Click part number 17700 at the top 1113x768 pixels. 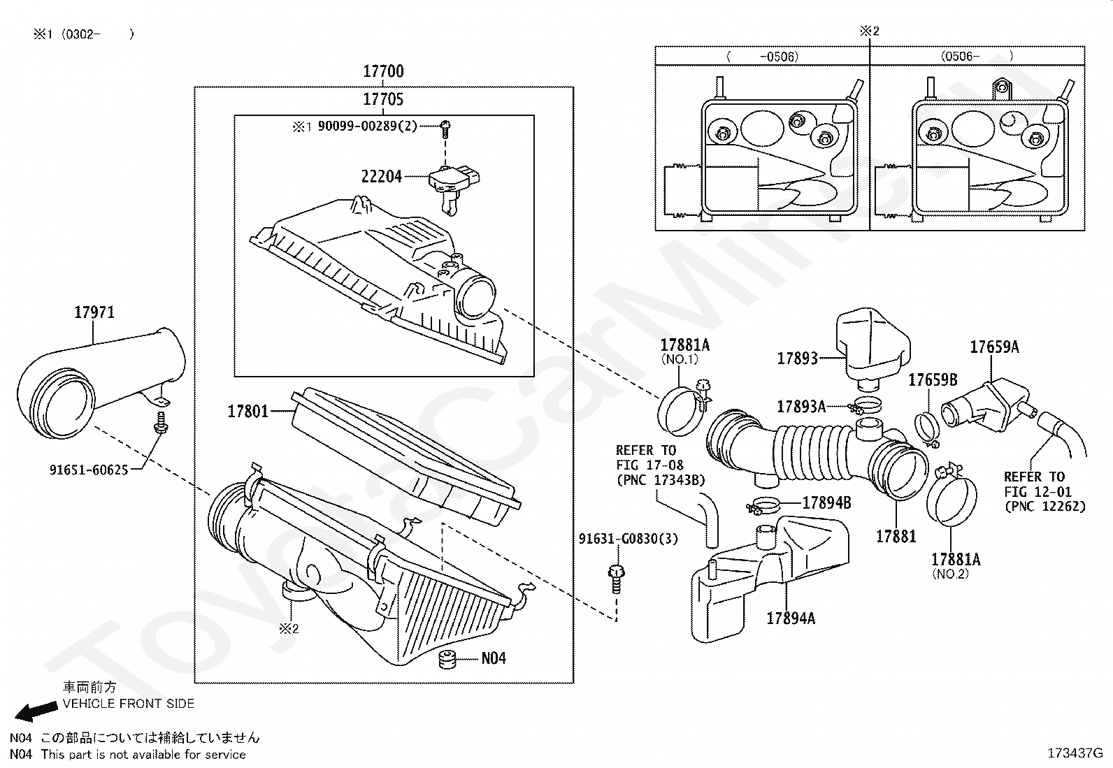(383, 71)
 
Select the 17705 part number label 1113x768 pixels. (383, 99)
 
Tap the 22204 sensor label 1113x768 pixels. (381, 176)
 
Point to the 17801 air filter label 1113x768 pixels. (247, 411)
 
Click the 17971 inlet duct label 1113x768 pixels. (94, 312)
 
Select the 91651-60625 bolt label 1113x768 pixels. (88, 470)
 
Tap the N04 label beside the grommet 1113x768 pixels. (494, 658)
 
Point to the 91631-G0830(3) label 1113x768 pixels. (628, 539)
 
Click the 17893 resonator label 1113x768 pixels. (797, 358)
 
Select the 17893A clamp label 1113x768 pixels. (801, 406)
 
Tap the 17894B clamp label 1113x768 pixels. (826, 502)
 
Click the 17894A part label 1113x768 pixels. (791, 618)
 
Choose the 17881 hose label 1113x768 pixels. (896, 536)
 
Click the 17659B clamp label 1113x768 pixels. (932, 379)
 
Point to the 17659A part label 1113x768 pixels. (994, 347)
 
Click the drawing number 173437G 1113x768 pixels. (1075, 753)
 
